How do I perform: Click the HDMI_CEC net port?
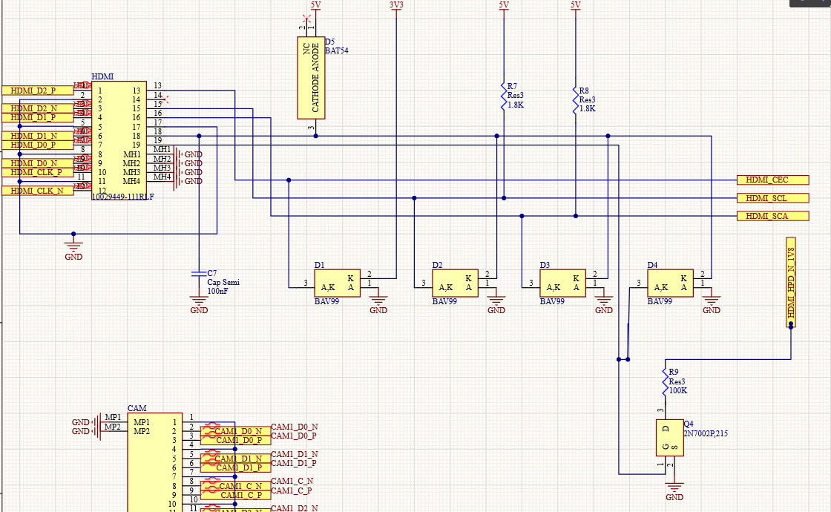(772, 180)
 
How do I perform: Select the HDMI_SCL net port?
(772, 198)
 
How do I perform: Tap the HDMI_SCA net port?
(772, 216)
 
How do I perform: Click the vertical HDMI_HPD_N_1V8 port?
(790, 283)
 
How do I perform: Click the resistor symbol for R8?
(576, 99)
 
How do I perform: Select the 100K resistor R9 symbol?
(665, 381)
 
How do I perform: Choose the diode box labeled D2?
(455, 283)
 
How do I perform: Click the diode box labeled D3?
(562, 283)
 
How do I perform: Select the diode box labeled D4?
(670, 283)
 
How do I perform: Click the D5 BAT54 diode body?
(311, 78)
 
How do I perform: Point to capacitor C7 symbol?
(198, 274)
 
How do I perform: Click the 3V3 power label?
(396, 5)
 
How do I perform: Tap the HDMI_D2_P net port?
(38, 90)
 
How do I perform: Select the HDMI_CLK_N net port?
(38, 191)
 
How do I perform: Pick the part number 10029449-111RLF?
(122, 197)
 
